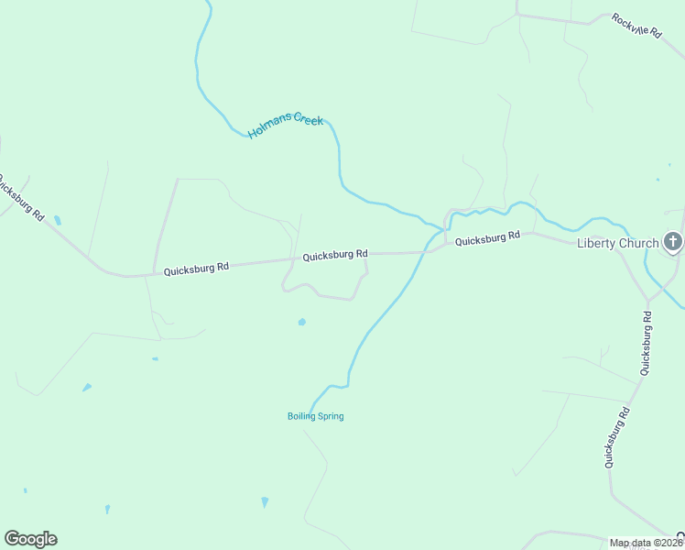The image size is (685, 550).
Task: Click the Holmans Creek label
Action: tap(286, 126)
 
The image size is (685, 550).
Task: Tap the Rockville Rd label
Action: tap(636, 25)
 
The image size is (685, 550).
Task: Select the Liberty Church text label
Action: tap(617, 243)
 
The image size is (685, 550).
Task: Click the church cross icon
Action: tap(673, 242)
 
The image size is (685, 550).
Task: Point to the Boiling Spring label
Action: tap(316, 416)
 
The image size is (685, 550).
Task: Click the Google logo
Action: tap(30, 539)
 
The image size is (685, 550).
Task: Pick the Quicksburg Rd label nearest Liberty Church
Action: tap(487, 238)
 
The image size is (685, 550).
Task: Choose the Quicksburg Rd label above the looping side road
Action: tap(335, 254)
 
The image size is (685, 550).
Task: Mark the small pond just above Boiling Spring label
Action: tap(301, 322)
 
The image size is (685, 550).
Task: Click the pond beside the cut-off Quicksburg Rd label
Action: tap(58, 220)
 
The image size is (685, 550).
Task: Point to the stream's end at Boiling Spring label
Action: tap(311, 407)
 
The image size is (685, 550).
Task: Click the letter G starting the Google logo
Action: tap(12, 539)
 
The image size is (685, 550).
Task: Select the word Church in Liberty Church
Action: tap(637, 243)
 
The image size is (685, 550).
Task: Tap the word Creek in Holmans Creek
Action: tap(307, 120)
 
